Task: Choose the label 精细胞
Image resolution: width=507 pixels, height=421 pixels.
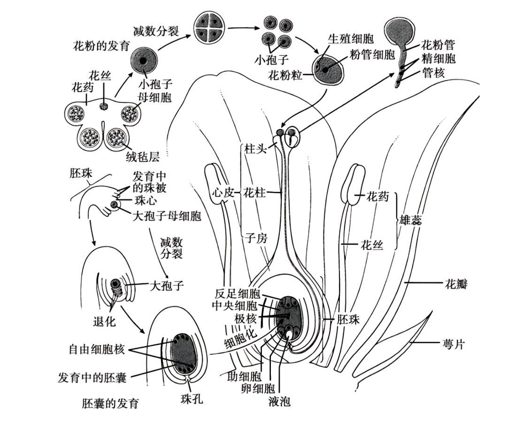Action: click(438, 59)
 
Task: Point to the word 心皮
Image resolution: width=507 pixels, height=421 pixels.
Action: click(223, 193)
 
